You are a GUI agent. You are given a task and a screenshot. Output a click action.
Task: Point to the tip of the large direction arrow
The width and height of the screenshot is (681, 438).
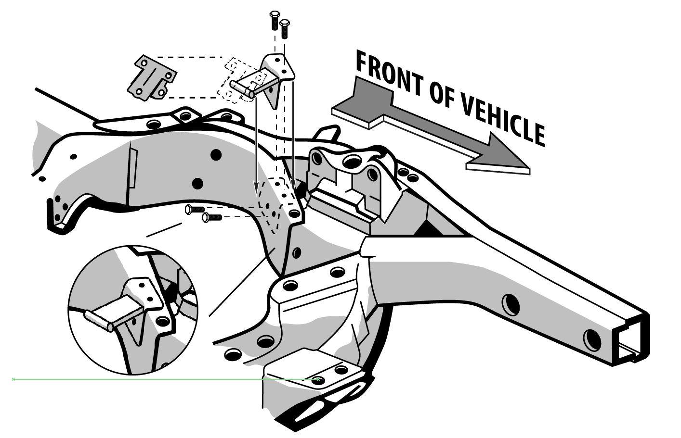click(529, 168)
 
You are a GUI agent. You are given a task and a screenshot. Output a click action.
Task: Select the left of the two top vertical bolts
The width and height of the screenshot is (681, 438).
click(274, 20)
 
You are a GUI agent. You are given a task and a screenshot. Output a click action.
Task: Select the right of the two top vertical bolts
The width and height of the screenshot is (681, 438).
click(284, 29)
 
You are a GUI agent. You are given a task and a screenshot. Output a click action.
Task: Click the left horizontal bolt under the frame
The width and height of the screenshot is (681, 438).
click(195, 209)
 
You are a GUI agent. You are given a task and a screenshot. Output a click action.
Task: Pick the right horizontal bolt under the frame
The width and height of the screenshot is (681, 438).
click(212, 217)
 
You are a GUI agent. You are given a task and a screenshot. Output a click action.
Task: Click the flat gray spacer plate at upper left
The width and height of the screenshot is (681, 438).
click(151, 78)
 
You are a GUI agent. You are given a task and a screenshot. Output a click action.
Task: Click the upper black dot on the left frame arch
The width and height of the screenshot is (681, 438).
click(216, 155)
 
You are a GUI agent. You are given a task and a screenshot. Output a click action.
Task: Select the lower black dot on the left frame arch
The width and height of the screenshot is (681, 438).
click(197, 183)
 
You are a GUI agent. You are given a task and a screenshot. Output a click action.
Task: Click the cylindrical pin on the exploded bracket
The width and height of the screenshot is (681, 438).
click(242, 89)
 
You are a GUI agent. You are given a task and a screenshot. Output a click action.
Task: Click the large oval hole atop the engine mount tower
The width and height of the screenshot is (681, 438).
click(353, 161)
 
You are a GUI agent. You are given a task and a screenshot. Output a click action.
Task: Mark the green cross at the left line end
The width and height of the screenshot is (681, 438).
click(13, 379)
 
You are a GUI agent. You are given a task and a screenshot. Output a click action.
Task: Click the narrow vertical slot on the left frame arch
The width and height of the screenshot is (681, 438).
click(133, 168)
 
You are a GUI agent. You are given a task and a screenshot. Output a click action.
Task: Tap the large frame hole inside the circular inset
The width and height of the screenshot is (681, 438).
click(163, 321)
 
